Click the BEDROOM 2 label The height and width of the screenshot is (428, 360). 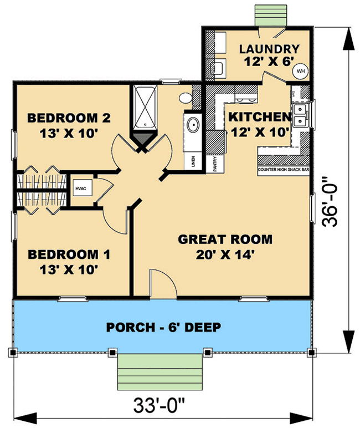(x=69, y=118)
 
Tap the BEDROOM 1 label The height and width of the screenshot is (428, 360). (x=69, y=255)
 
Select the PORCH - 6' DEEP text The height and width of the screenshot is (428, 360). (x=163, y=327)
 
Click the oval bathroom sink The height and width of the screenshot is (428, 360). (x=193, y=125)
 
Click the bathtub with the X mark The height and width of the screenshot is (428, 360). (x=144, y=108)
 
